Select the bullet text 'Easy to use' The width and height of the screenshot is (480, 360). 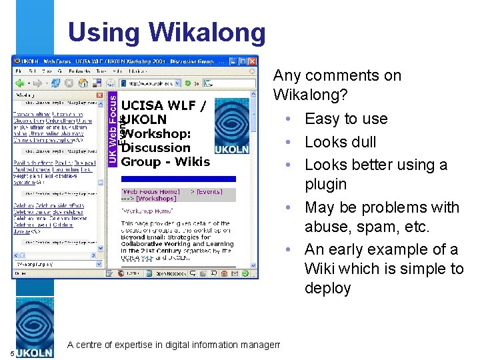click(x=345, y=119)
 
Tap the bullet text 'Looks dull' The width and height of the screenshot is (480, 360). click(x=340, y=142)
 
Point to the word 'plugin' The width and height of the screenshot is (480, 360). click(x=325, y=184)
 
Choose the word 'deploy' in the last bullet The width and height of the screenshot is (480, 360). click(x=327, y=288)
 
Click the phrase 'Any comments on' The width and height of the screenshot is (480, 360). click(x=337, y=75)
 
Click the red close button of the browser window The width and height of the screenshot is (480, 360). click(x=252, y=60)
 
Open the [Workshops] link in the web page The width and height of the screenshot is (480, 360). click(x=156, y=199)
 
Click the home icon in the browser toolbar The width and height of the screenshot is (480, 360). click(x=83, y=83)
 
